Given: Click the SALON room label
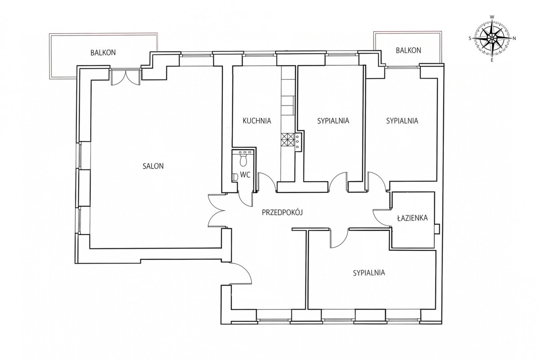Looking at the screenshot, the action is tap(153, 166).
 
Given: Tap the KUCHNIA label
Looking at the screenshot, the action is tap(257, 120).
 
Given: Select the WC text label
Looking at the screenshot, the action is tap(245, 175).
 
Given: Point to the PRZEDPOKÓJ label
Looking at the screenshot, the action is tap(282, 212).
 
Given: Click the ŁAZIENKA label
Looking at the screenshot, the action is tap(412, 218).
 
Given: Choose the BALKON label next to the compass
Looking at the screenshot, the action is tap(408, 50).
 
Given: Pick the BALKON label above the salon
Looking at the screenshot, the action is tap(103, 53).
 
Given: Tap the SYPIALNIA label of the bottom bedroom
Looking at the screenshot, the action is tap(369, 273).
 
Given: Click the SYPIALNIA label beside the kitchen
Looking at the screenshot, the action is tap(333, 120).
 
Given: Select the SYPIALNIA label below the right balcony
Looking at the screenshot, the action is tap(402, 120).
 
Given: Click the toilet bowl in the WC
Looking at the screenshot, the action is tap(243, 160).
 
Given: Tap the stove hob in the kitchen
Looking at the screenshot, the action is tap(287, 140).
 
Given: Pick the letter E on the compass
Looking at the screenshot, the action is tap(492, 60).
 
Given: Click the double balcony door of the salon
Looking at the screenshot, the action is tap(125, 76).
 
